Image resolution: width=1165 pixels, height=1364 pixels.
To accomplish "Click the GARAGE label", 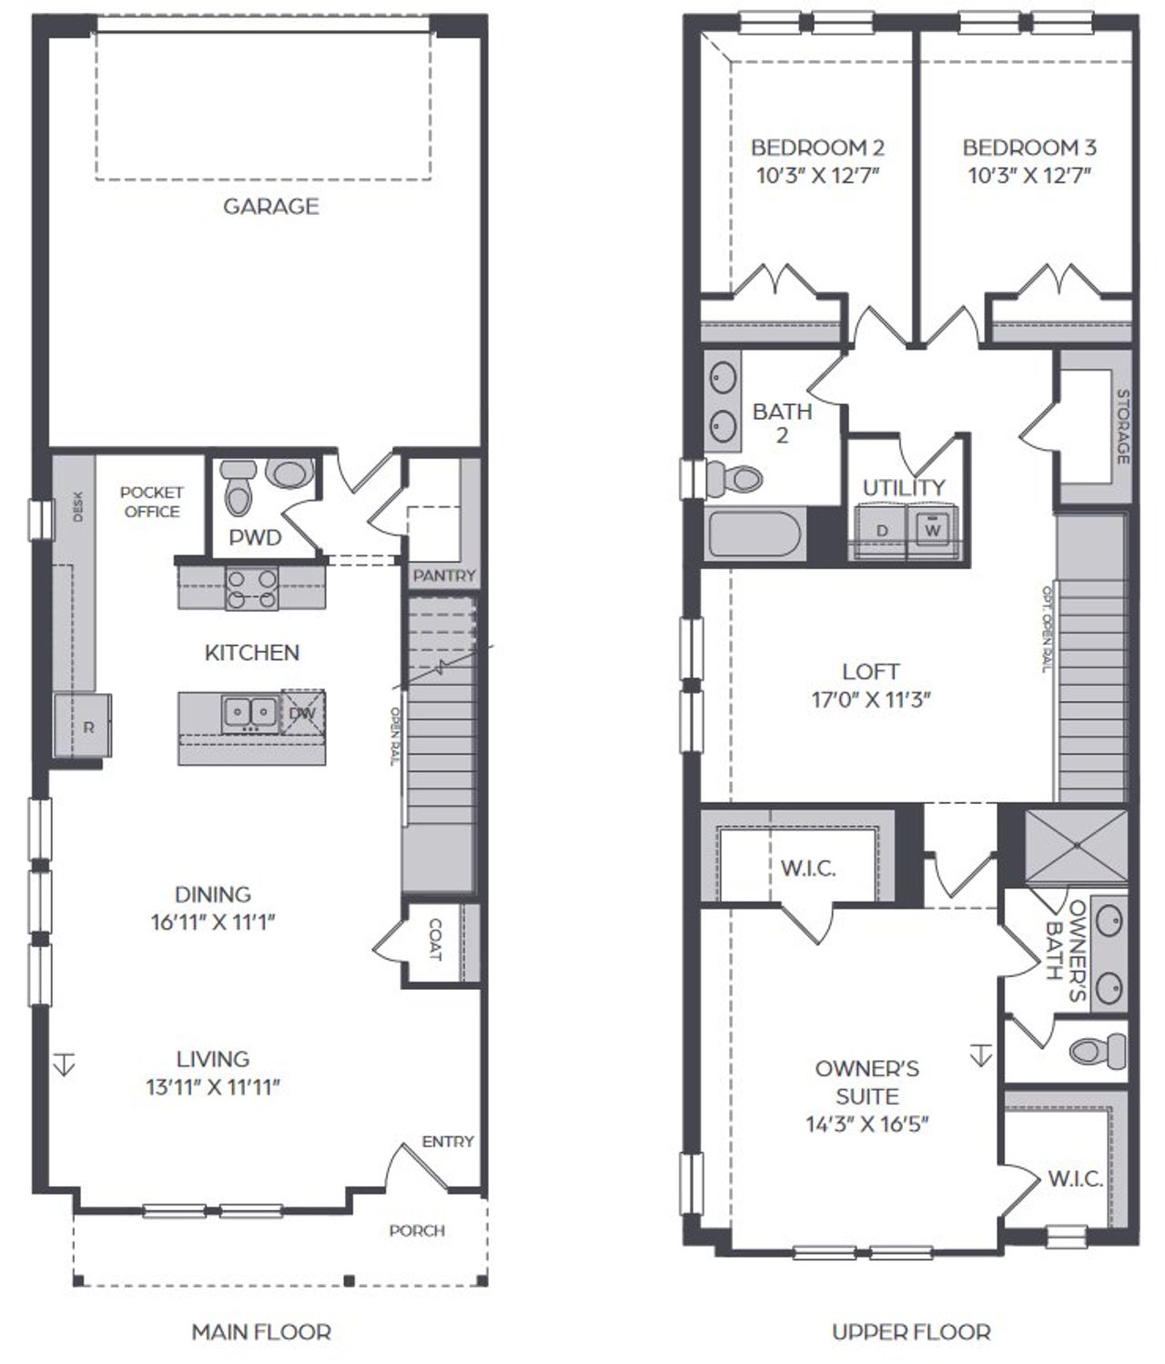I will tap(271, 207).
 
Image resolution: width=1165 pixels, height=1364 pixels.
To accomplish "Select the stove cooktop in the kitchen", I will tap(251, 587).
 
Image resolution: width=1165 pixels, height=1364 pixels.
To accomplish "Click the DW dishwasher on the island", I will tap(302, 712).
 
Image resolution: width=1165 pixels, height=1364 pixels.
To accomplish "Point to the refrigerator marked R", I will tap(88, 727).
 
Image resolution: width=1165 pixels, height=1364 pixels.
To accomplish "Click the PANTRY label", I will tap(444, 575).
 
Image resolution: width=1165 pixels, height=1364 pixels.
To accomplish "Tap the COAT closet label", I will tap(435, 941).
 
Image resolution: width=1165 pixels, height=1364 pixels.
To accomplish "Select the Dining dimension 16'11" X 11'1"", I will tap(213, 921).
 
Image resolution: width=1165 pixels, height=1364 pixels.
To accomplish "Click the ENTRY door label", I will tap(448, 1142).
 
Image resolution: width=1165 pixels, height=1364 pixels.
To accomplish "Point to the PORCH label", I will tap(417, 1230).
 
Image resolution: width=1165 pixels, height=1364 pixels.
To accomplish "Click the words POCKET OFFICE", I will tap(152, 502).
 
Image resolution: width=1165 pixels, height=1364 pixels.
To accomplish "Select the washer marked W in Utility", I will tap(932, 529).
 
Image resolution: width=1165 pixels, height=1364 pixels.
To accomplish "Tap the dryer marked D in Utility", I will tap(881, 530).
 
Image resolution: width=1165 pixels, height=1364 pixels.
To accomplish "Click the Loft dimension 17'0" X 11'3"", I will tap(870, 700).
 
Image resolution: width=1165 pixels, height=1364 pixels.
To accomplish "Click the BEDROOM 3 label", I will tap(1028, 148).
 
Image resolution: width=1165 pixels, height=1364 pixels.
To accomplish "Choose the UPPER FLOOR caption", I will tap(911, 1332).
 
